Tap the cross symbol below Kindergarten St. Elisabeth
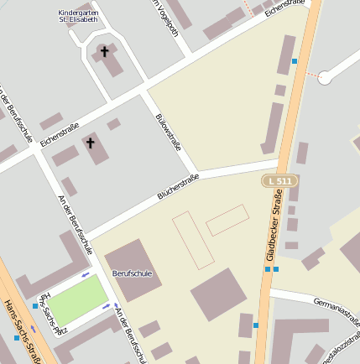105,52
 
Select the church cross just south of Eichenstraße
91,144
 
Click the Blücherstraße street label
178,187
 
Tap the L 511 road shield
279,181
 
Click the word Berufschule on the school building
133,273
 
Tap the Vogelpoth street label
164,18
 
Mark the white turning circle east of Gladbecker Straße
328,74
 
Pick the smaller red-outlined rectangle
227,220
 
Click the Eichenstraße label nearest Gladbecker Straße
284,8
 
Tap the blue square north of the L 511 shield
295,61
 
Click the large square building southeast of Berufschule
218,294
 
